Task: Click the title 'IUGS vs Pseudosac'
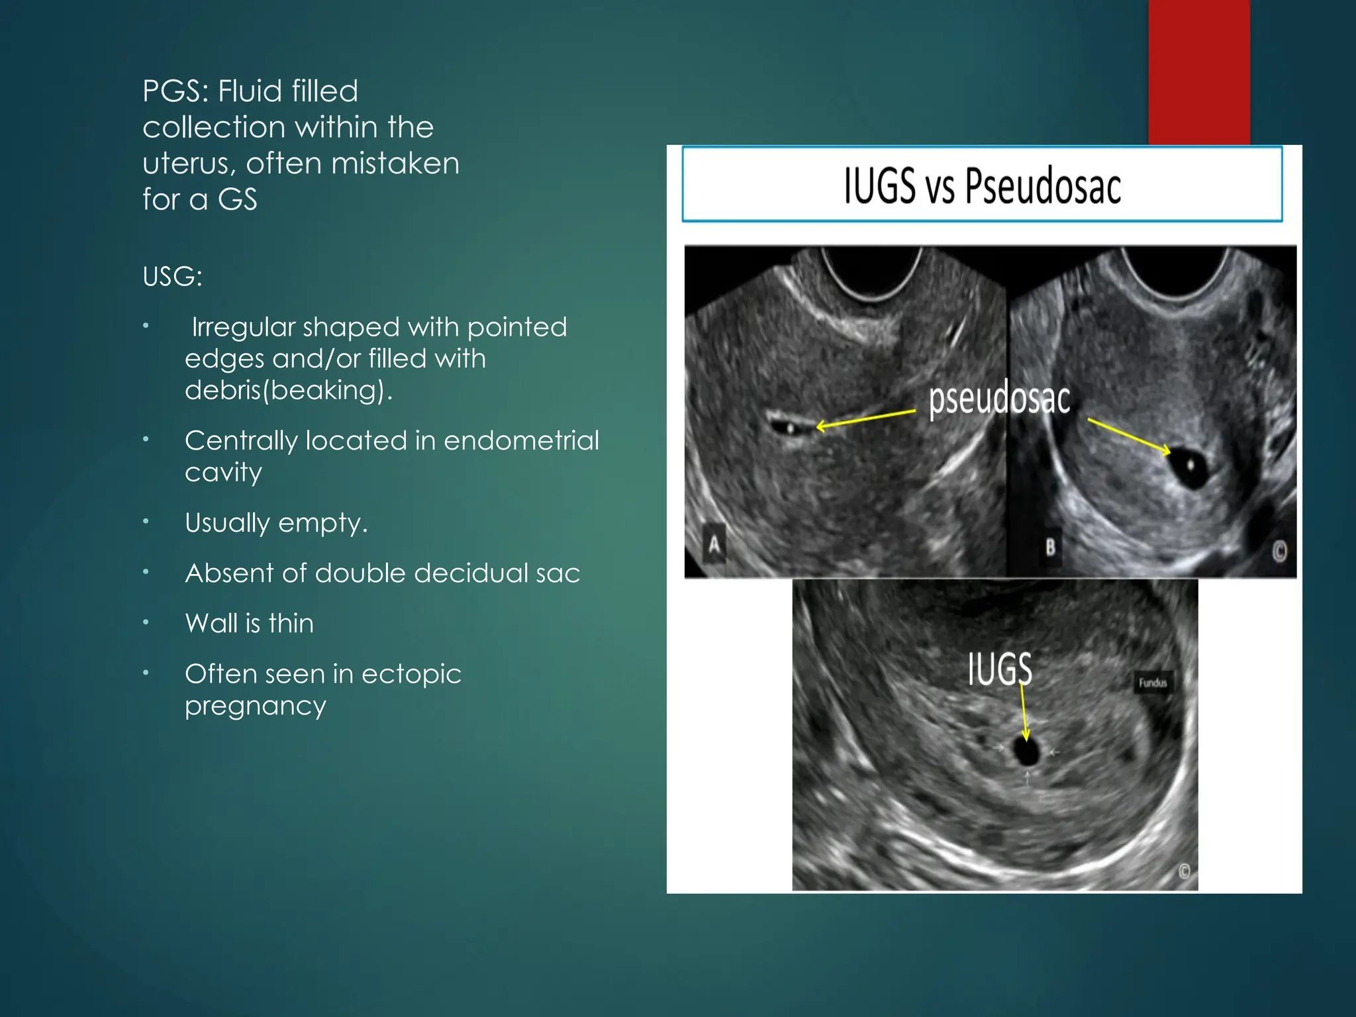982,185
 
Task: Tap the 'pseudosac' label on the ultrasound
998,399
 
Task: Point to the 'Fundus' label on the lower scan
1153,683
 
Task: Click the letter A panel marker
714,545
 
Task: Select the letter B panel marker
1050,548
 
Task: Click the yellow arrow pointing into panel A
866,419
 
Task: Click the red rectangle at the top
1199,72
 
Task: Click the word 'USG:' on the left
172,277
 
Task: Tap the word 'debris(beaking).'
289,390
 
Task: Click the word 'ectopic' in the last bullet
411,674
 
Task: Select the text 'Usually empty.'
276,523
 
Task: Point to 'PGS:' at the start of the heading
175,91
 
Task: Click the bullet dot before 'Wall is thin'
146,622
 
